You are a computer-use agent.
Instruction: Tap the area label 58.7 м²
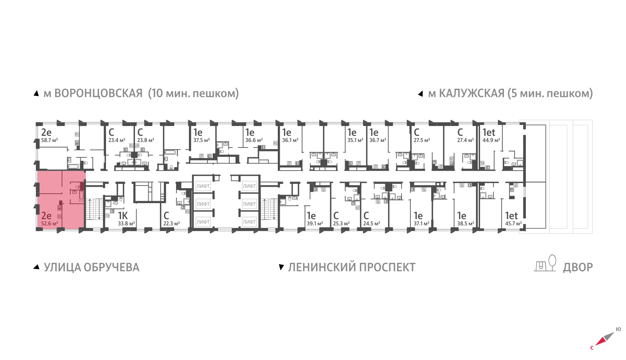point(50,140)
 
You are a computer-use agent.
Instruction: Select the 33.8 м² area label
point(126,223)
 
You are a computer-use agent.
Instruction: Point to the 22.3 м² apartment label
point(171,223)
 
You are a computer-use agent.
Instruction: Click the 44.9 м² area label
point(491,140)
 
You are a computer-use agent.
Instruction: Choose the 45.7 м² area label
point(513,223)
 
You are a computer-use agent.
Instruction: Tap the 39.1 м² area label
point(315,223)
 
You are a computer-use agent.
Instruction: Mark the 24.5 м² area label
point(372,223)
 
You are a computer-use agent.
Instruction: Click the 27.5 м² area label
point(422,140)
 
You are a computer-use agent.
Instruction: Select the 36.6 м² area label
point(254,140)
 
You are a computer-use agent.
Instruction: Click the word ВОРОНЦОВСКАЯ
point(98,94)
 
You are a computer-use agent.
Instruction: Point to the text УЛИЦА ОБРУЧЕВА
point(92,267)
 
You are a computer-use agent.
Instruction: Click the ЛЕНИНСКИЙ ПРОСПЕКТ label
point(352,267)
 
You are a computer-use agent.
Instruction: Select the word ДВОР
point(578,267)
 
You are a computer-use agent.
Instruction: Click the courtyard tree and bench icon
point(545,263)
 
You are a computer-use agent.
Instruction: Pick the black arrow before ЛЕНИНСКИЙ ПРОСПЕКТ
point(281,267)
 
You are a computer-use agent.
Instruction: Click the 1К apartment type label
point(123,216)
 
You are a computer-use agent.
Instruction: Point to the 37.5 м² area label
point(202,140)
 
